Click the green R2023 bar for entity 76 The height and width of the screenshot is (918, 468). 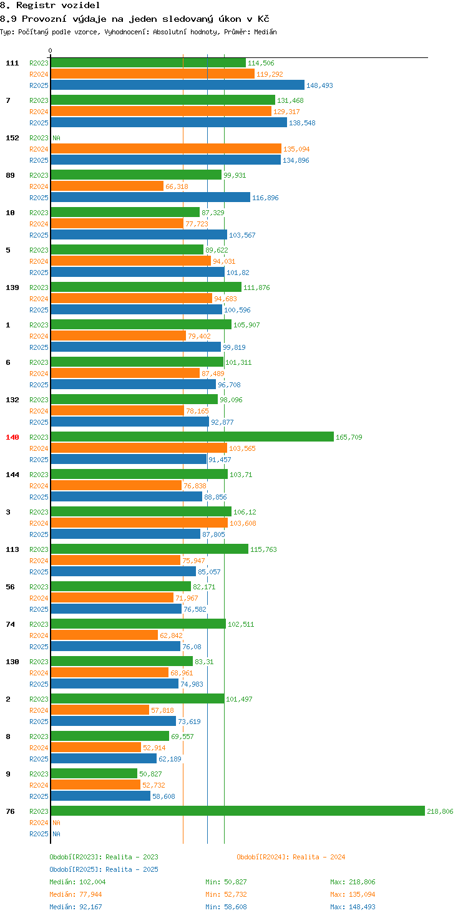click(237, 811)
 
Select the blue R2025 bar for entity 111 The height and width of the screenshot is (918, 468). click(177, 85)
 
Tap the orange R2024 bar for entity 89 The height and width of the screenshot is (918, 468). click(107, 186)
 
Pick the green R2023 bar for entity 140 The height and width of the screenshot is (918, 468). click(192, 437)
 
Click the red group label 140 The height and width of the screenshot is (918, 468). click(12, 437)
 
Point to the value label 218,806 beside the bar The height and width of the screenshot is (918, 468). click(440, 811)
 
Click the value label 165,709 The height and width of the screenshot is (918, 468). click(349, 437)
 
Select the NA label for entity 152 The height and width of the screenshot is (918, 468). click(56, 138)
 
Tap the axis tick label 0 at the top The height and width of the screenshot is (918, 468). click(51, 51)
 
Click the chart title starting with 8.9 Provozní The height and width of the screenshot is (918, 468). click(134, 19)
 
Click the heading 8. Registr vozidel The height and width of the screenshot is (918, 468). click(50, 6)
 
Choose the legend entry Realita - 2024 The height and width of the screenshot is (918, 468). click(291, 857)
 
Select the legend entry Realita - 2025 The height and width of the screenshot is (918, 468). click(104, 869)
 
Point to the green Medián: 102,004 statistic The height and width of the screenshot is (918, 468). click(77, 882)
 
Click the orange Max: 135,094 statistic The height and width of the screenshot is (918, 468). click(353, 894)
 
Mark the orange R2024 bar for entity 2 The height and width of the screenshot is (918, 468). click(100, 710)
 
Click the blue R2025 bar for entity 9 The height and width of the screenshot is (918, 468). click(100, 796)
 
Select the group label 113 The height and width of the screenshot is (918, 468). click(12, 549)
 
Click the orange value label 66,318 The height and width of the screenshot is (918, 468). click(177, 186)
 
